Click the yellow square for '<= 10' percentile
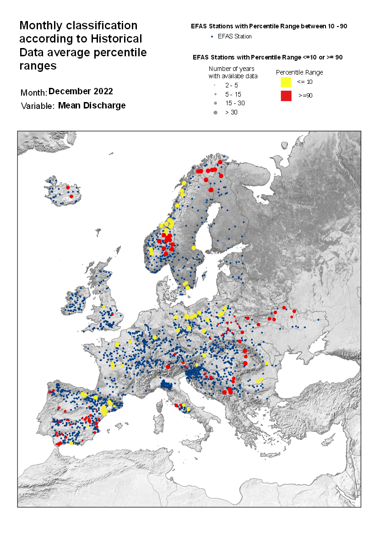(286, 82)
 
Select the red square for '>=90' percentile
(286, 96)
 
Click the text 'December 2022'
(81, 91)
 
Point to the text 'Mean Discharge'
(92, 106)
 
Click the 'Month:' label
(33, 92)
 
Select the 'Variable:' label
(38, 106)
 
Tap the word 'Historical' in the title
(115, 39)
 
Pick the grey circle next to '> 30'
(215, 112)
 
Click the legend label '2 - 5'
(231, 85)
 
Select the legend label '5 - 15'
(233, 94)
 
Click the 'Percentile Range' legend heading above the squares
(299, 72)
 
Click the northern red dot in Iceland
(68, 187)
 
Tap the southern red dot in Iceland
(71, 196)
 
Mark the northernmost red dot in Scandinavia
(220, 162)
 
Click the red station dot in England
(112, 314)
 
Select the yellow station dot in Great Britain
(104, 307)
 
